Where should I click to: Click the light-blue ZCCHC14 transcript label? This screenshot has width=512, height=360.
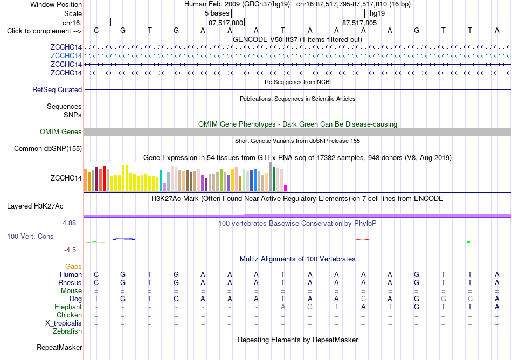pyautogui.click(x=66, y=56)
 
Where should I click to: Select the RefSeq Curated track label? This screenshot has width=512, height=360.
pyautogui.click(x=57, y=90)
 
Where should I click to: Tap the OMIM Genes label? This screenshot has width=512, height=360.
pyautogui.click(x=61, y=132)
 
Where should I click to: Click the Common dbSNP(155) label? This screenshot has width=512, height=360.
pyautogui.click(x=48, y=149)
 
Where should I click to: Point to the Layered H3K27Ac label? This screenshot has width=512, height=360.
pyautogui.click(x=35, y=206)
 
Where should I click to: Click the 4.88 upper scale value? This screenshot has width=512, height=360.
pyautogui.click(x=69, y=223)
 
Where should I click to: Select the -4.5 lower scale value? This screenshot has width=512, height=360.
pyautogui.click(x=70, y=250)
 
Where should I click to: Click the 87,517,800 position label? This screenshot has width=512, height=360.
pyautogui.click(x=226, y=23)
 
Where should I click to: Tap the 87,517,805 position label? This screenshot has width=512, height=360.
pyautogui.click(x=359, y=23)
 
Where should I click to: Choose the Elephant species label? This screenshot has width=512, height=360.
pyautogui.click(x=68, y=307)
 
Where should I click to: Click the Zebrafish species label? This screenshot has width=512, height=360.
pyautogui.click(x=67, y=331)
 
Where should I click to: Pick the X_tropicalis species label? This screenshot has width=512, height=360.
pyautogui.click(x=64, y=323)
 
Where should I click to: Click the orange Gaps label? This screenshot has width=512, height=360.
pyautogui.click(x=73, y=267)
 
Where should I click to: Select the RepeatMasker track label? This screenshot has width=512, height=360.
pyautogui.click(x=59, y=347)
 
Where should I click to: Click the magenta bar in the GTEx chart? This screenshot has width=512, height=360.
pyautogui.click(x=286, y=188)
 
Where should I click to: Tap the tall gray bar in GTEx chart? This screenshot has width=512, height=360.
pyautogui.click(x=270, y=177)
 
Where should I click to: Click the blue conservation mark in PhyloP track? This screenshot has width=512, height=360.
pyautogui.click(x=124, y=239)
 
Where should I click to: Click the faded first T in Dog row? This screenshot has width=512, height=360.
pyautogui.click(x=96, y=299)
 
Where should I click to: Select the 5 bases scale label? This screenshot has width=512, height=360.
pyautogui.click(x=217, y=13)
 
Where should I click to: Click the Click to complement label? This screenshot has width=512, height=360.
pyautogui.click(x=44, y=31)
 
